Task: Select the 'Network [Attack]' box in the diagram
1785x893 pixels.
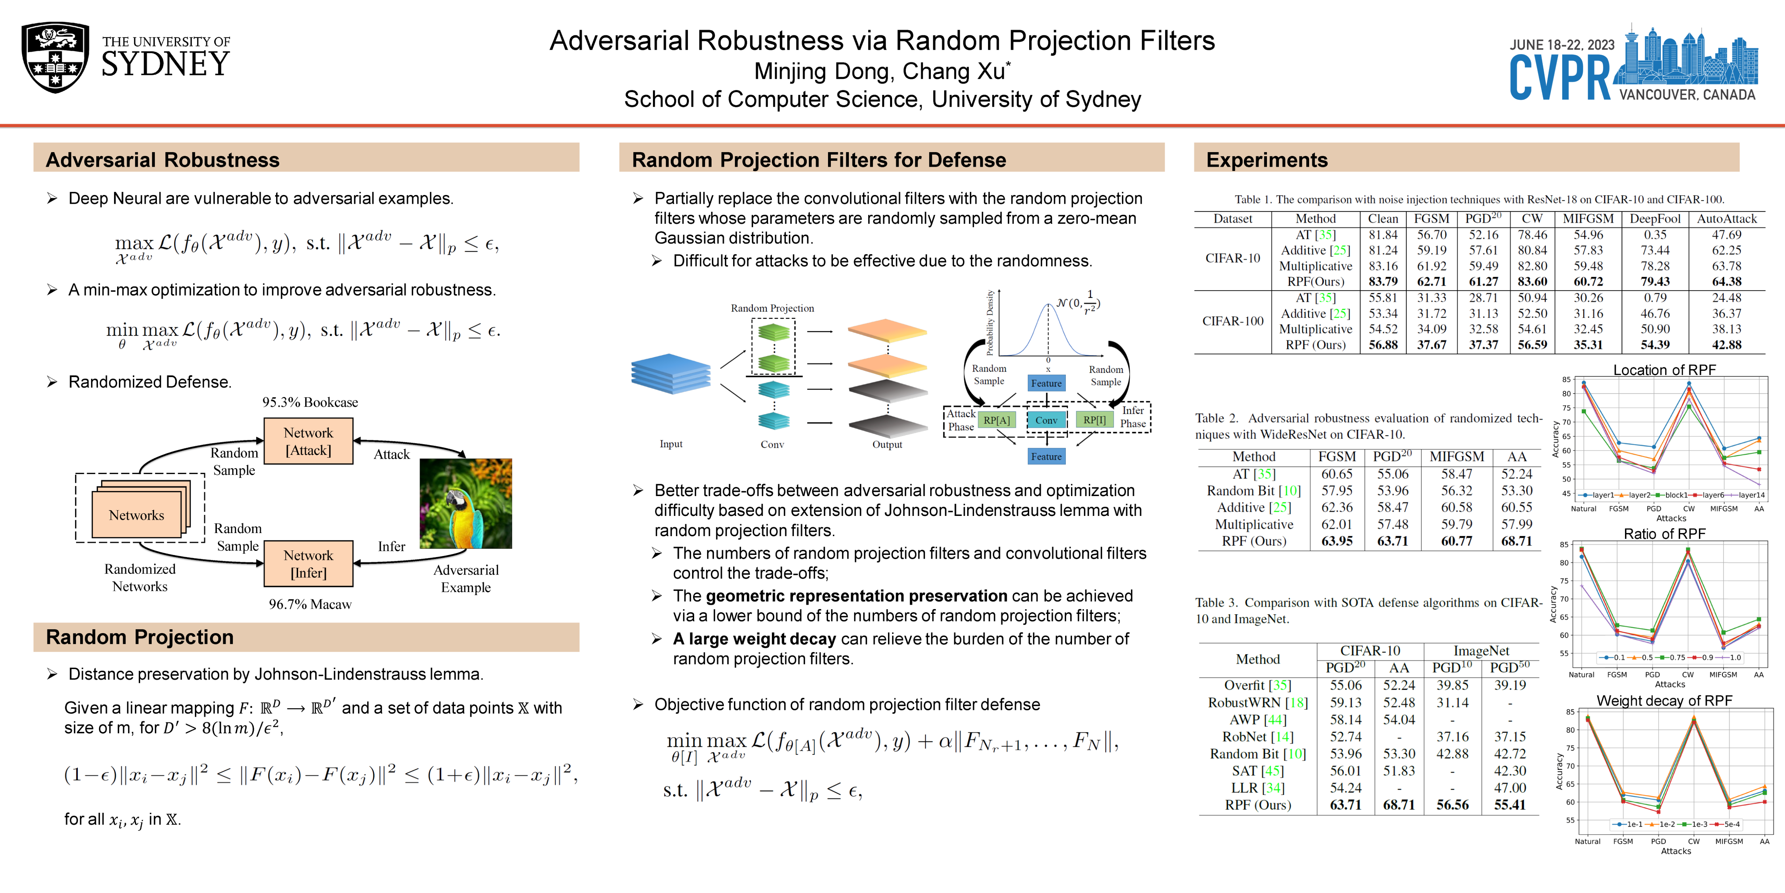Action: click(308, 441)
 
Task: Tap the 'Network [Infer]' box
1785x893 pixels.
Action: click(308, 564)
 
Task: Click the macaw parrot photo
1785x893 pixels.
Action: click(466, 503)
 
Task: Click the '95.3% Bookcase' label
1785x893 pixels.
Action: click(310, 402)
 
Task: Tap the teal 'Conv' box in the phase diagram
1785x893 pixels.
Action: click(1046, 420)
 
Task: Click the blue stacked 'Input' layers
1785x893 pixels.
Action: click(670, 374)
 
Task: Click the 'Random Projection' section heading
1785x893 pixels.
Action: click(139, 637)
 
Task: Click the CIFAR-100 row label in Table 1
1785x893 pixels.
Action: click(1233, 321)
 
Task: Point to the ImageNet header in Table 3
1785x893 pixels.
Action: click(1481, 650)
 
